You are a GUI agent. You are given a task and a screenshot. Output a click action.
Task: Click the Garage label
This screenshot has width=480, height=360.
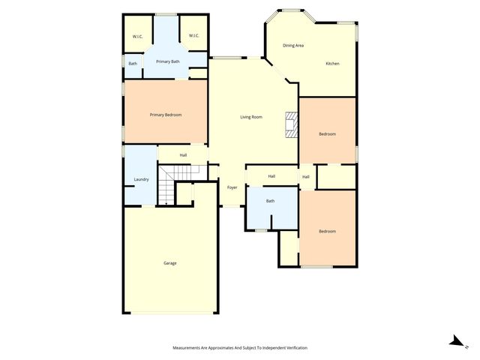tap(170, 262)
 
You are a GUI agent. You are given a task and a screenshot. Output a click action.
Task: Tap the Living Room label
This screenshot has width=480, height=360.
tap(250, 117)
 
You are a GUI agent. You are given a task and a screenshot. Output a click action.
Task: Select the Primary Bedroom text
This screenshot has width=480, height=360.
tap(166, 115)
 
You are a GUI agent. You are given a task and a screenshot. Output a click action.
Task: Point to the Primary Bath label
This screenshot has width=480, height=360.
tap(167, 61)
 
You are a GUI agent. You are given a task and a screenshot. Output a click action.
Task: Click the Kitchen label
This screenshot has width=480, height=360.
tap(331, 64)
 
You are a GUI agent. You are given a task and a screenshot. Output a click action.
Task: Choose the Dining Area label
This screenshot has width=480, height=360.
tap(292, 46)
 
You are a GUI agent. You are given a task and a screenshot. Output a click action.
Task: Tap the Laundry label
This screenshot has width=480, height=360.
tap(141, 179)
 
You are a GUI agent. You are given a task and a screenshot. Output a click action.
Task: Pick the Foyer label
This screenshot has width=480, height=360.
tap(232, 187)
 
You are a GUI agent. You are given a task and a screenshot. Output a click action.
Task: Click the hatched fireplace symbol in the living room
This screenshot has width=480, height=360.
tap(291, 124)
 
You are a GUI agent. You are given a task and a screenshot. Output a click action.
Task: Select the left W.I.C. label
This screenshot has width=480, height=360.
tap(138, 36)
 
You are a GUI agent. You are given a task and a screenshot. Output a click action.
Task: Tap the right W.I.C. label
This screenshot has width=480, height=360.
tap(193, 36)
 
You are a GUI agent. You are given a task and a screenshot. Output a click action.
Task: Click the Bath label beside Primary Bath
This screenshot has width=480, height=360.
tap(133, 64)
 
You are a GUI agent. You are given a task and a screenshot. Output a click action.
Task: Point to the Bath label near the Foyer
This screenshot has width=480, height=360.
tap(270, 201)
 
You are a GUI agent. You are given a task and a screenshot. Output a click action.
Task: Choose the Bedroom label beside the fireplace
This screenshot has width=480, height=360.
tap(327, 134)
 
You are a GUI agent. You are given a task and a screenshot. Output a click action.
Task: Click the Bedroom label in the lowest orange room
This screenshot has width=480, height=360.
tap(327, 231)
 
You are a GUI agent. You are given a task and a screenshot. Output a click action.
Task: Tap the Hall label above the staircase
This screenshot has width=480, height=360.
tap(183, 155)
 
